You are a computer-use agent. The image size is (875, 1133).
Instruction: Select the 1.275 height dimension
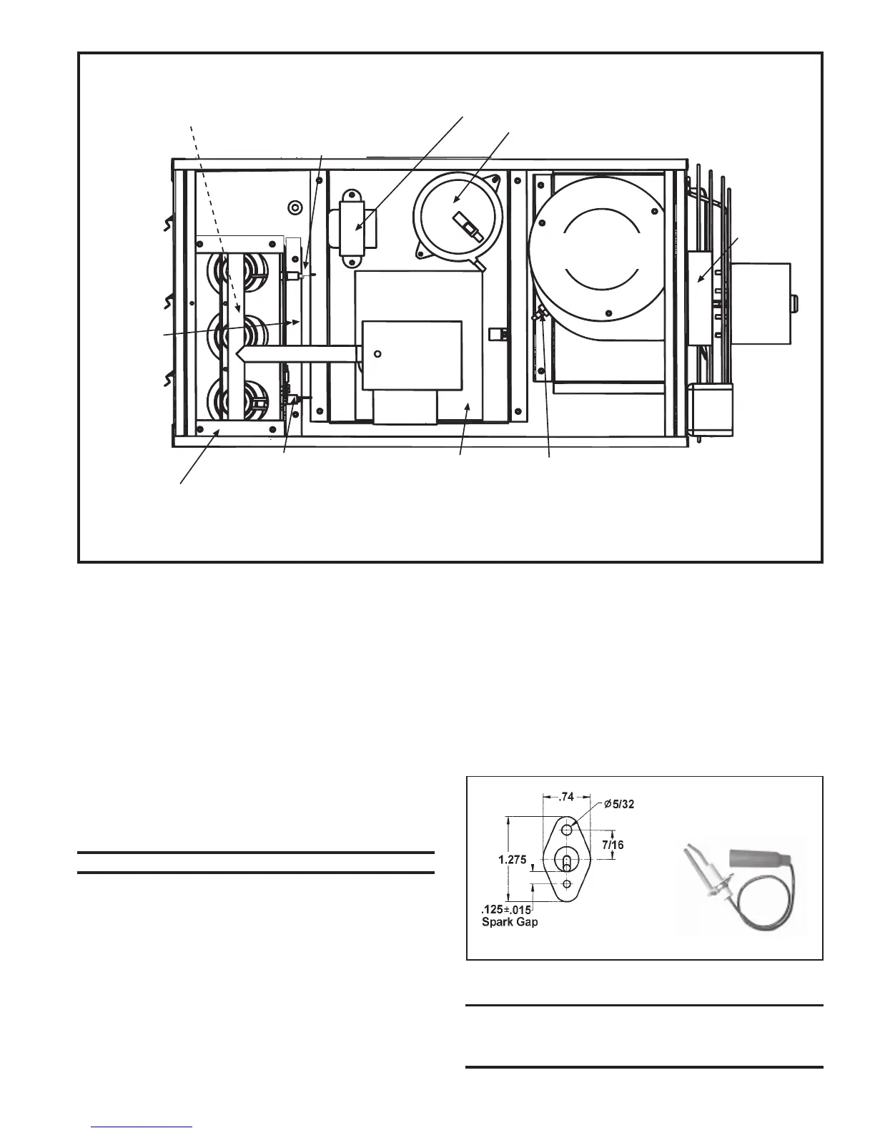click(525, 860)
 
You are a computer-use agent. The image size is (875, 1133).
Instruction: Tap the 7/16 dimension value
click(613, 845)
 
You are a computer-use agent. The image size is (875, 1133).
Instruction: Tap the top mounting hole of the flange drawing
click(566, 829)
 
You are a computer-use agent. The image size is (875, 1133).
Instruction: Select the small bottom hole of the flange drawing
click(567, 885)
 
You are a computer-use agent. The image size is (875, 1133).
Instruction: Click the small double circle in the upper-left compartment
click(292, 208)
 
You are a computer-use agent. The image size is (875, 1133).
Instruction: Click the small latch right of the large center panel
click(495, 334)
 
